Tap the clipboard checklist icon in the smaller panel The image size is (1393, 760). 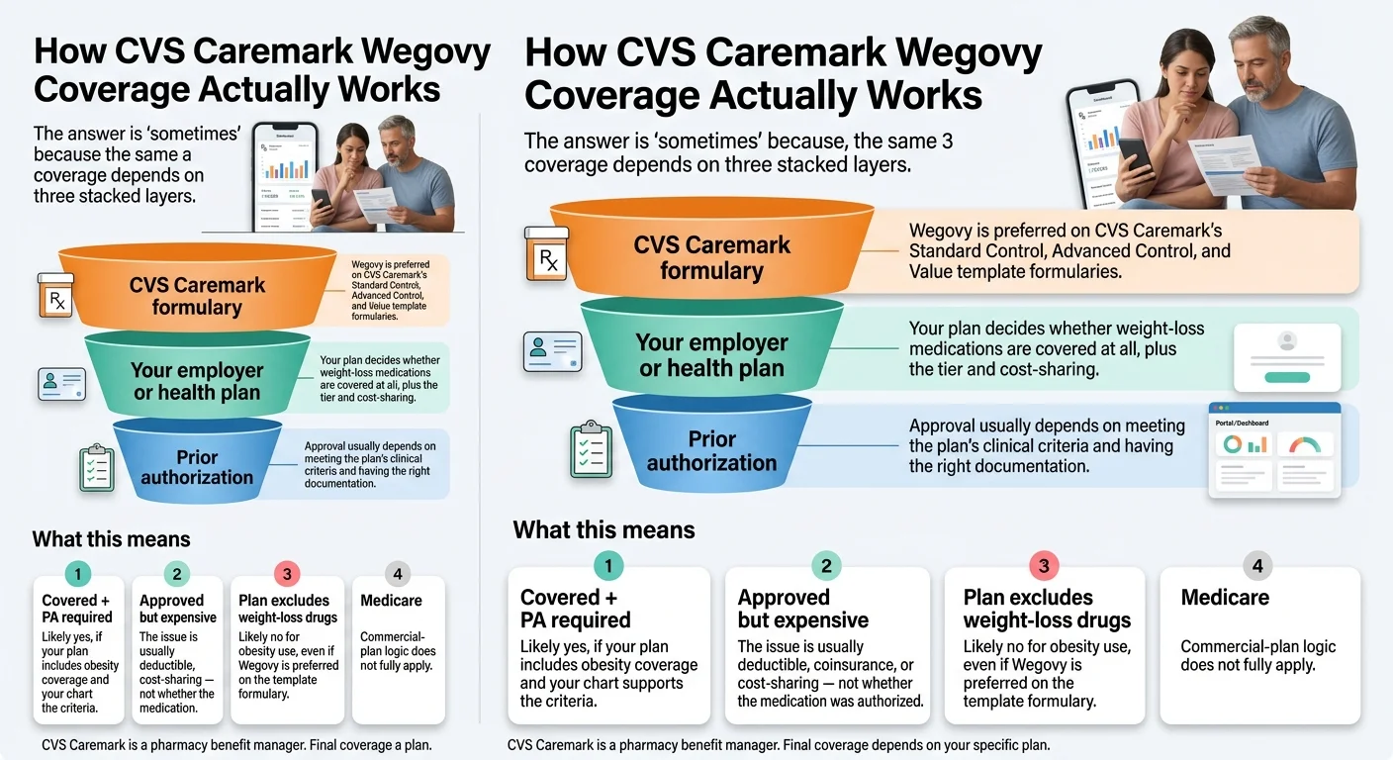pyautogui.click(x=97, y=468)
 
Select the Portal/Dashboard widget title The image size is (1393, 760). pyautogui.click(x=1242, y=423)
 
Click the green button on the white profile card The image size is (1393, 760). pyautogui.click(x=1287, y=376)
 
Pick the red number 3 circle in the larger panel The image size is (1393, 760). pyautogui.click(x=1043, y=566)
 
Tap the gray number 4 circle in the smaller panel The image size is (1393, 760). pyautogui.click(x=397, y=574)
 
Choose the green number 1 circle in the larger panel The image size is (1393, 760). pyautogui.click(x=608, y=566)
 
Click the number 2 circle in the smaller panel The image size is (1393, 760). pyautogui.click(x=175, y=574)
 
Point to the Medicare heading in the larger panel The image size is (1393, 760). pyautogui.click(x=1225, y=598)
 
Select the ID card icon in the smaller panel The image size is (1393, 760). pyautogui.click(x=61, y=384)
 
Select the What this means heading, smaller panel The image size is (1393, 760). pyautogui.click(x=111, y=539)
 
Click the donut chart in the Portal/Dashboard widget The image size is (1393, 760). pyautogui.click(x=1233, y=444)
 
